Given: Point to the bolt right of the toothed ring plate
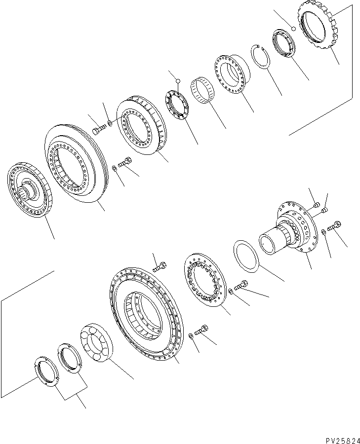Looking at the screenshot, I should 242,286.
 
